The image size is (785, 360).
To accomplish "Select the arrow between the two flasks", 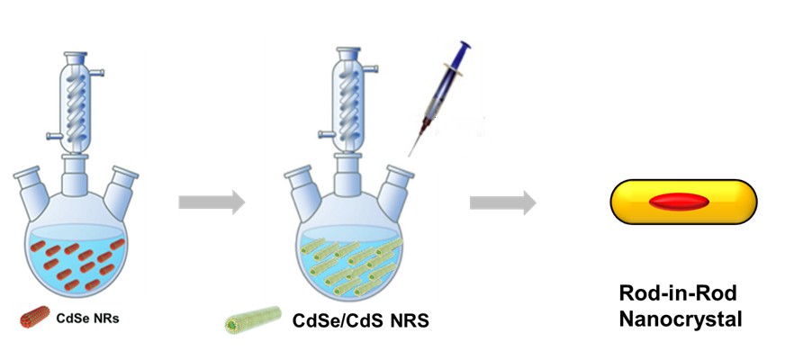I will (211, 202).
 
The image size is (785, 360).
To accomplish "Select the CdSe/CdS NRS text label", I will (361, 320).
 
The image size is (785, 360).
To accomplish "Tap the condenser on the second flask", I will (347, 99).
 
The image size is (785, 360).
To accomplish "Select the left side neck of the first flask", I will (29, 186).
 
